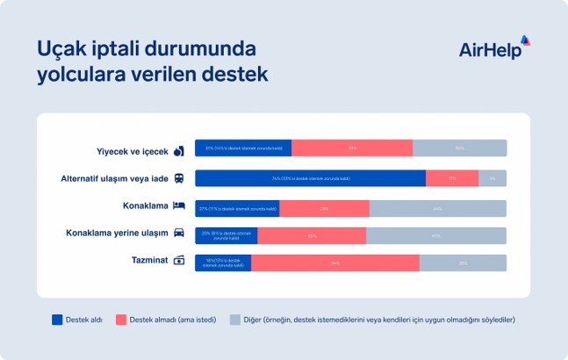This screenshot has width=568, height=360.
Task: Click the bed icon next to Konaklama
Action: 178,206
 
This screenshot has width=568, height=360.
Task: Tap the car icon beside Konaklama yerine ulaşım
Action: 178,234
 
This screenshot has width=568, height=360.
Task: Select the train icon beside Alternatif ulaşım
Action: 178,178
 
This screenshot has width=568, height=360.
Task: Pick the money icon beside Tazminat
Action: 178,260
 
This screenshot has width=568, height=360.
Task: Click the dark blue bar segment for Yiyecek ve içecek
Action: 242,148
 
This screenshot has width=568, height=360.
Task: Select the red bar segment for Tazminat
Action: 334,263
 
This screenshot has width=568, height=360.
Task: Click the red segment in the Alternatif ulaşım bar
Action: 452,178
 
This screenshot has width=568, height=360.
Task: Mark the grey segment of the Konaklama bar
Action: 437,208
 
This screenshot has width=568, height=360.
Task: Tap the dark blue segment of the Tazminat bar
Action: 222,263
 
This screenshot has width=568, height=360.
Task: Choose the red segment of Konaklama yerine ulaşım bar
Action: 312,235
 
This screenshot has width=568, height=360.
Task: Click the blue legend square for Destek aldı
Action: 58,320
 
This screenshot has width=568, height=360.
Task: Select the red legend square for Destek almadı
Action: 121,320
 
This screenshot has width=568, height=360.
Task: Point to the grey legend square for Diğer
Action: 234,320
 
